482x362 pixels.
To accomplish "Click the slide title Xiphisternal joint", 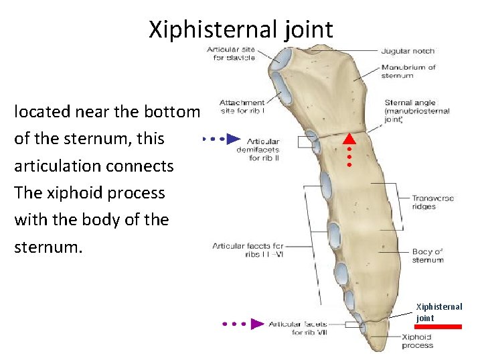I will (240, 29).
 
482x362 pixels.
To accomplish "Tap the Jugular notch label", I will (408, 51).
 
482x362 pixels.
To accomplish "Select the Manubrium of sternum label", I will (408, 71).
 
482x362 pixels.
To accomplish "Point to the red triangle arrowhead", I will (349, 139).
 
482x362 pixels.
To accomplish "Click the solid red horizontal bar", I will (438, 326).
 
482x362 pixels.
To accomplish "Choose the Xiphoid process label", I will (417, 342).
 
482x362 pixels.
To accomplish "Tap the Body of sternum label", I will (428, 255).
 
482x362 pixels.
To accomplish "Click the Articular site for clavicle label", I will (231, 54).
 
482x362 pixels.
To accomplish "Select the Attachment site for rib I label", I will (242, 107).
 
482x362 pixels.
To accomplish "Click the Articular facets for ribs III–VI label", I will (248, 250).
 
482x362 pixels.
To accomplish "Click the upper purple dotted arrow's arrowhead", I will (233, 139).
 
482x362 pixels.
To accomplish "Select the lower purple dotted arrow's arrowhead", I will (257, 324).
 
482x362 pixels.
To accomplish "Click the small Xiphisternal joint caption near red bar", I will (438, 312).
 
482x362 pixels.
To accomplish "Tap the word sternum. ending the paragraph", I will (48, 247).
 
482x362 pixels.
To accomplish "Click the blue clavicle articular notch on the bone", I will (280, 61).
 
